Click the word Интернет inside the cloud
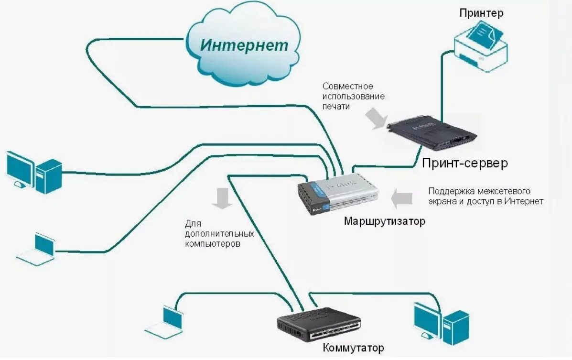[x=244, y=45]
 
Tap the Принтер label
[x=481, y=13]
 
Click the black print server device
[x=433, y=134]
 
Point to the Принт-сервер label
[x=464, y=164]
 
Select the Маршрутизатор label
[x=384, y=221]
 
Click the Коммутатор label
[x=353, y=348]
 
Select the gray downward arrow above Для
[x=222, y=198]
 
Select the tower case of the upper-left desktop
[x=49, y=176]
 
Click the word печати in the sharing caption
[x=336, y=107]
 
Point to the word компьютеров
[x=213, y=244]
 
